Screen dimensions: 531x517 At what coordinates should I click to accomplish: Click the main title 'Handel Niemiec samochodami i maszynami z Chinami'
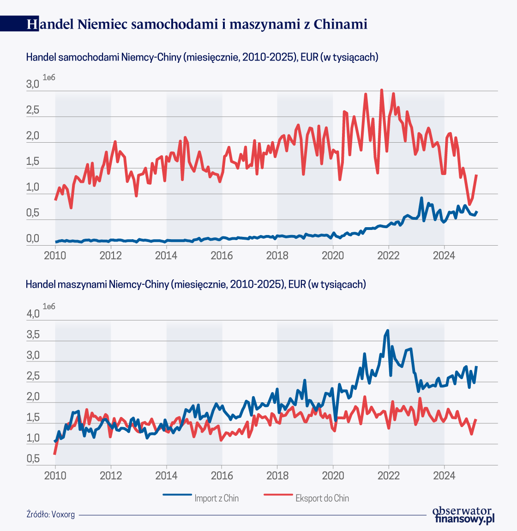(197, 24)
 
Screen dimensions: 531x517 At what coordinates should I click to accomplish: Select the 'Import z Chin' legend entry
(216, 498)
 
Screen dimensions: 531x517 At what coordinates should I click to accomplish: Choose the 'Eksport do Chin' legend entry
(322, 498)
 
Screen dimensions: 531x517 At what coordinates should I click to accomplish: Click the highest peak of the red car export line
(381, 91)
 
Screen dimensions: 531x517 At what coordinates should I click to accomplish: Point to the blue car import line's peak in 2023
(421, 198)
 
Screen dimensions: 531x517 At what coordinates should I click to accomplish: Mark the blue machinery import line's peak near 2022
(388, 331)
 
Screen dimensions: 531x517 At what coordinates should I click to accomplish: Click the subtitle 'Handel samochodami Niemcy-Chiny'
(202, 57)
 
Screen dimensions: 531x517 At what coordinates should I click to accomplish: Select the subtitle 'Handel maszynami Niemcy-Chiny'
(196, 284)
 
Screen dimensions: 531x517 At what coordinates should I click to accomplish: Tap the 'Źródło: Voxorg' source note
(50, 514)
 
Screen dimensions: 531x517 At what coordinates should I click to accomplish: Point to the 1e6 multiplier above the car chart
(49, 77)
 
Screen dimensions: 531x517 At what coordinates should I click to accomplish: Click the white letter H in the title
(32, 24)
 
